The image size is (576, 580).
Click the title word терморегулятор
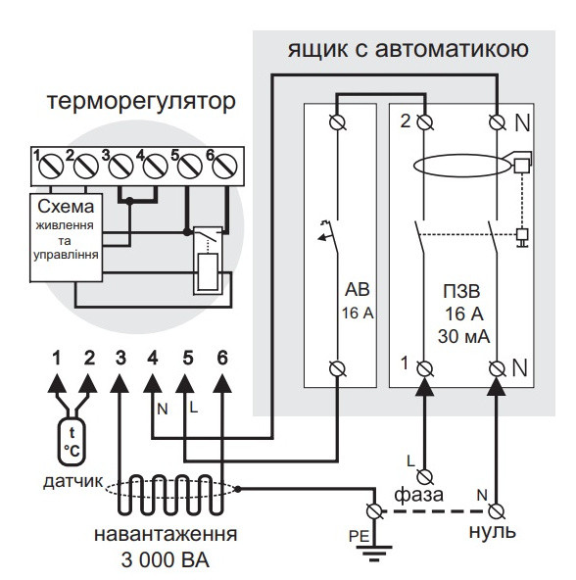[141, 101]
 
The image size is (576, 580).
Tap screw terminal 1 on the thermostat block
[51, 167]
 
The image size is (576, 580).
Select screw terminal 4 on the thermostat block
[156, 167]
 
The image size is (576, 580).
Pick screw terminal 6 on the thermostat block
[224, 167]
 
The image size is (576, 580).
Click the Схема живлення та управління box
[67, 237]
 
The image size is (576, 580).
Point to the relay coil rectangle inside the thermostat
[208, 272]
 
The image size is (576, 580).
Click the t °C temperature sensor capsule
[72, 441]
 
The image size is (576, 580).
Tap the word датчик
[73, 481]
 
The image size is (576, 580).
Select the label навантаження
[166, 535]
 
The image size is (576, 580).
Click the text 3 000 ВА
[165, 560]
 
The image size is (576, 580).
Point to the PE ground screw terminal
[374, 511]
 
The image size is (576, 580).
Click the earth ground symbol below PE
[374, 553]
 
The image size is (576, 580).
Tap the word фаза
[418, 495]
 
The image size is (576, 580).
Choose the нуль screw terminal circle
[496, 511]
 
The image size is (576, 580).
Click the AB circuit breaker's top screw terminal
[337, 122]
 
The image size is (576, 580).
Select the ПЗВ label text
[461, 291]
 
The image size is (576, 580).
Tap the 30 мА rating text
[464, 337]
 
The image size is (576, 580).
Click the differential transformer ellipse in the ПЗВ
[462, 166]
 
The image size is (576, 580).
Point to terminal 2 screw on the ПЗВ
[425, 122]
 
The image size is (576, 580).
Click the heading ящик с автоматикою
[408, 49]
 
